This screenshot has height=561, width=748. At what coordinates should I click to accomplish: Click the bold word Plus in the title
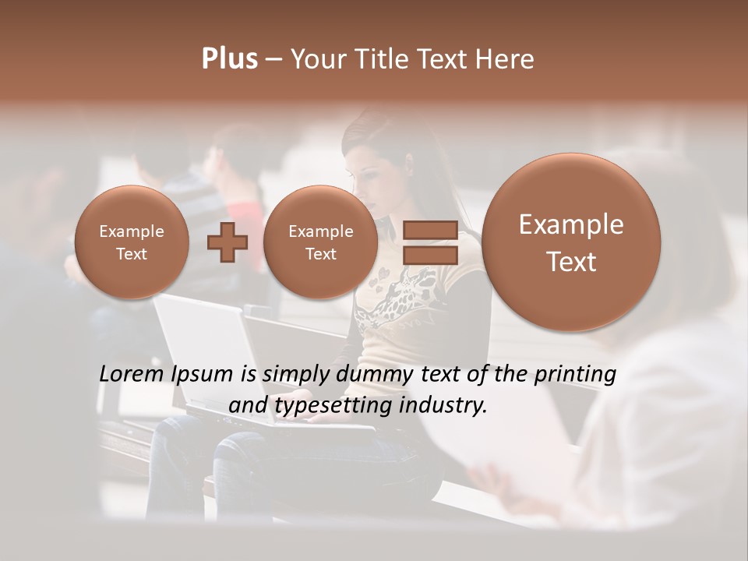pyautogui.click(x=229, y=59)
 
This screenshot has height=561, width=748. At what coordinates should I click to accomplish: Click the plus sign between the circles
pyautogui.click(x=227, y=242)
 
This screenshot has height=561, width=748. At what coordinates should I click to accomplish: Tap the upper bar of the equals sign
pyautogui.click(x=430, y=230)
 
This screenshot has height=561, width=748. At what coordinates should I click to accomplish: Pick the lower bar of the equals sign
pyautogui.click(x=430, y=255)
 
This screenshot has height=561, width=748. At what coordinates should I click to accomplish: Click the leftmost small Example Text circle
pyautogui.click(x=132, y=242)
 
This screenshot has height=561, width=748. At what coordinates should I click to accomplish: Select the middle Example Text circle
pyautogui.click(x=320, y=242)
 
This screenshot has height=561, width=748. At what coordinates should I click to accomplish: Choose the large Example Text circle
pyautogui.click(x=571, y=242)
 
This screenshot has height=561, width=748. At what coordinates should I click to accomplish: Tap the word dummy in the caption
pyautogui.click(x=374, y=375)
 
